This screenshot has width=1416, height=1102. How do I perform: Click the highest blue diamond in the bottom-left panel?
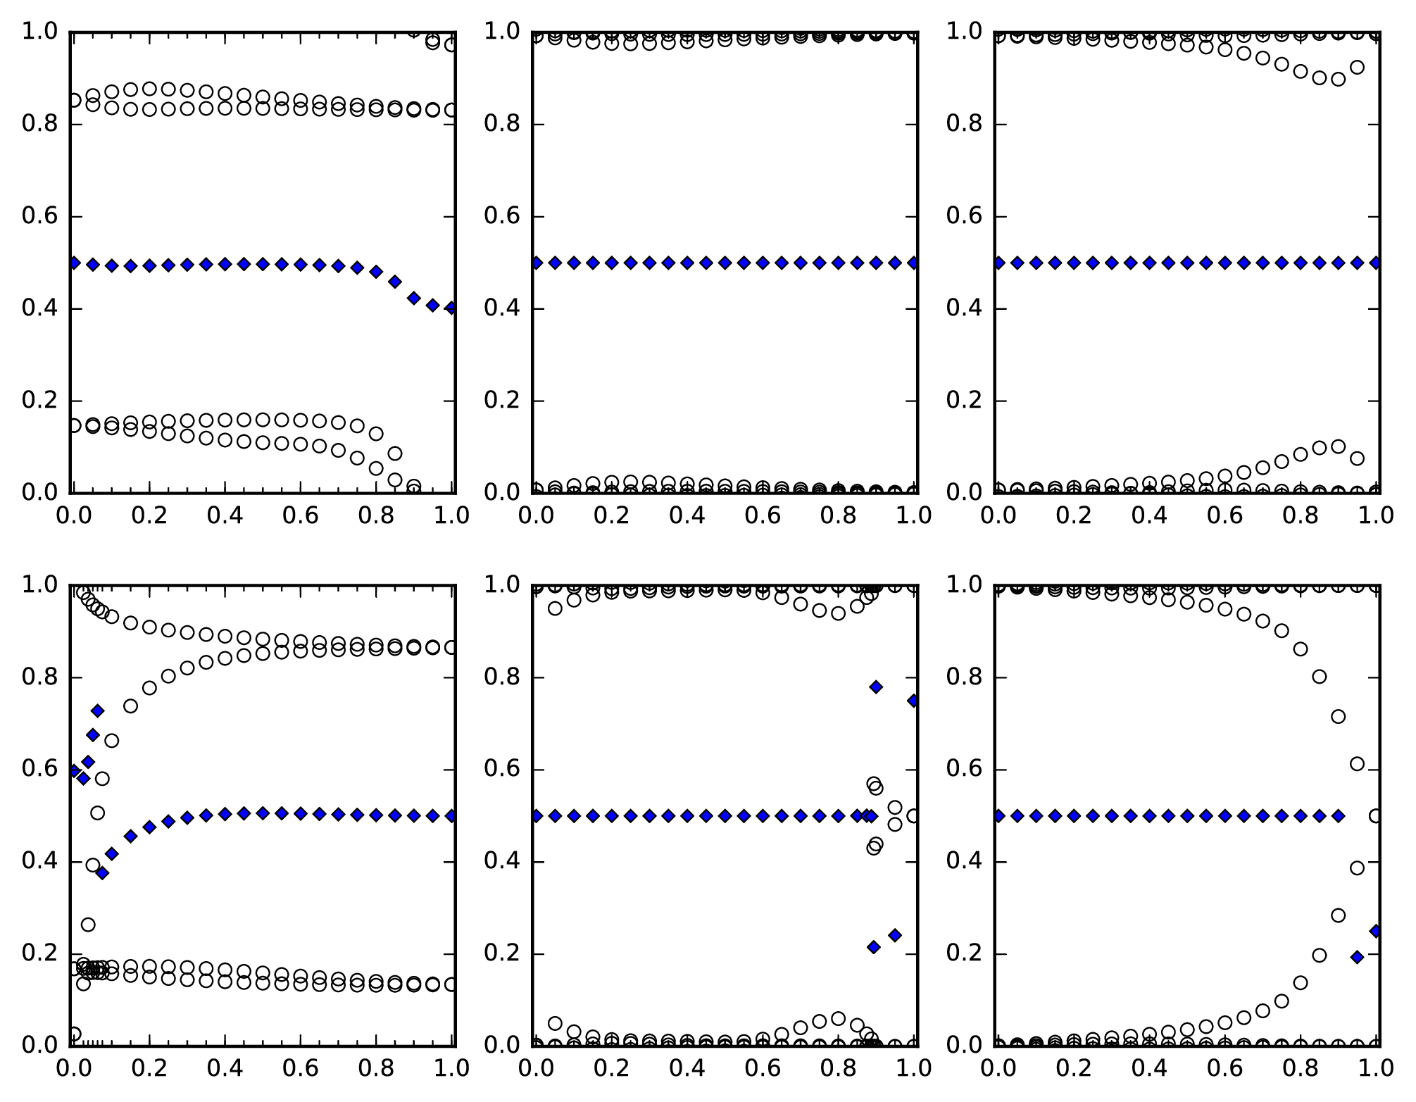coord(97,711)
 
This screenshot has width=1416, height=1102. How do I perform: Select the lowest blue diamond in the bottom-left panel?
coord(102,873)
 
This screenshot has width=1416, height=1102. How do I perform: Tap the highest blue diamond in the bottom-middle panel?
coord(876,687)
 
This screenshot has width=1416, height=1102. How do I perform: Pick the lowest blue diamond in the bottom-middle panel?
coord(874,947)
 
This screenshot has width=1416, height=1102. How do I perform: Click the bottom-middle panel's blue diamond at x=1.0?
coord(914,701)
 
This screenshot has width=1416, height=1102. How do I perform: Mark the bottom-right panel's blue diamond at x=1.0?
coord(1376,931)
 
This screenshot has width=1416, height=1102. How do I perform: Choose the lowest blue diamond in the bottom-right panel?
coord(1358,957)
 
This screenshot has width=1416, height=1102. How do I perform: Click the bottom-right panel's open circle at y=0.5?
coord(1376,816)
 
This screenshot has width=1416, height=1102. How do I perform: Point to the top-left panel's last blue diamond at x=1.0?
coord(451,308)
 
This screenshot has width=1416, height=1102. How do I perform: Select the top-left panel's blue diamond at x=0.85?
coord(395,282)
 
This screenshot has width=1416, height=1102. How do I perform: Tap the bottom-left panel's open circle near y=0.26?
coord(88,925)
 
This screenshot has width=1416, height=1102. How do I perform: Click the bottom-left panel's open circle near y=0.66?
coord(111,741)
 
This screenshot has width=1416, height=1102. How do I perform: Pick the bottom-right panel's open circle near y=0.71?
coord(1339,717)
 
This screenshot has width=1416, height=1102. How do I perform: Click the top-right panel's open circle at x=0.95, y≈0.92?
coord(1358,68)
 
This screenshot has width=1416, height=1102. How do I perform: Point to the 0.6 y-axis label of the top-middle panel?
coord(502,216)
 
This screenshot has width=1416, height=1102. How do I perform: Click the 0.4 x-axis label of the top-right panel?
coord(1149,516)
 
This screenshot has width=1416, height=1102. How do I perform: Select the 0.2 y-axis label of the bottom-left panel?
coord(39,953)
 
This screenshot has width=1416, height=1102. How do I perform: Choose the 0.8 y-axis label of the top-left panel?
coord(39,124)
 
